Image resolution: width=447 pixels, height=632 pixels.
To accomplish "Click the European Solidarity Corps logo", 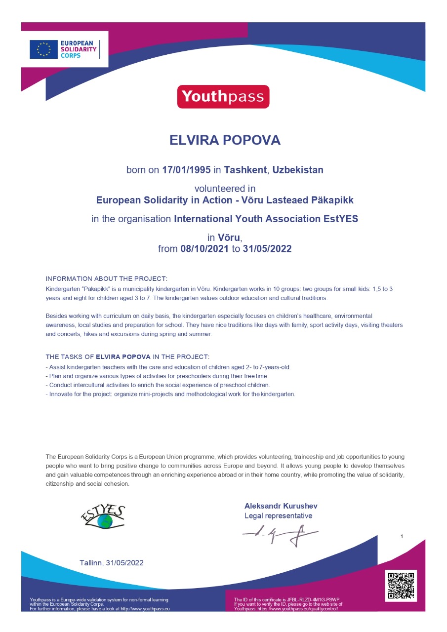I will point(65,49).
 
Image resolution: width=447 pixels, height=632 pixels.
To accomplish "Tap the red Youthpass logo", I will point(223,97).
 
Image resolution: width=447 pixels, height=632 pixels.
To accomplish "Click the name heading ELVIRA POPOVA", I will point(225,140).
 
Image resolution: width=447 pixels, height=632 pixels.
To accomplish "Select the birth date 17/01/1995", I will point(186,170).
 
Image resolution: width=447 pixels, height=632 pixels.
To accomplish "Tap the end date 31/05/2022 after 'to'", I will point(267,249).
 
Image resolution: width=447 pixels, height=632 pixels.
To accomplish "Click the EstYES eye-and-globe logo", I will point(103,517).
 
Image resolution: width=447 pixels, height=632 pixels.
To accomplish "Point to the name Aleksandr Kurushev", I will point(281,506).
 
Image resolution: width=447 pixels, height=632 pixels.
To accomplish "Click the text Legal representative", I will point(279,516).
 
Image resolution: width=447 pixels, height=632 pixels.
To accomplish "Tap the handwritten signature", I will point(279,535).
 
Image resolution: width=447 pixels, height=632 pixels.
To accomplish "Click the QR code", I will point(401,586).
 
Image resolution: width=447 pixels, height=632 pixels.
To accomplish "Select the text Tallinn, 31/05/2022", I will point(112,563).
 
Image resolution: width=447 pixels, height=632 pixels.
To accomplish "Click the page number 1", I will point(402,536).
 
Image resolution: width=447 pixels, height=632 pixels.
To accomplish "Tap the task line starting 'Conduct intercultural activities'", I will point(158,385).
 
